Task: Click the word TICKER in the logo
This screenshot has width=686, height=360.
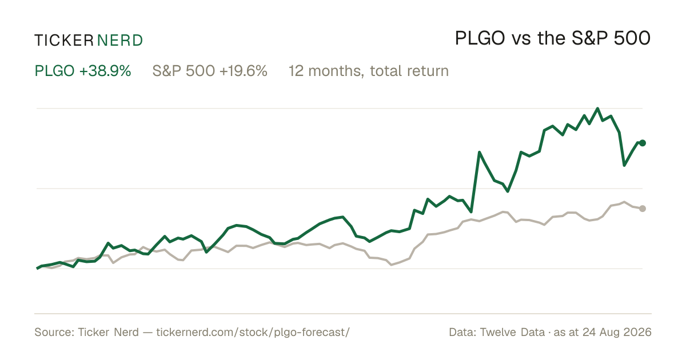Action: point(64,41)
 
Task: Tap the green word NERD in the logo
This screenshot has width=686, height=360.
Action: point(119,41)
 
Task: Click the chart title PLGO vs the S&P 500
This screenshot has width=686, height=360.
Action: point(553,38)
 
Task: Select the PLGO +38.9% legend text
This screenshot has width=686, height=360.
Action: point(83,71)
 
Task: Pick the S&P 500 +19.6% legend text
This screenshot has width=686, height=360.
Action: point(210,71)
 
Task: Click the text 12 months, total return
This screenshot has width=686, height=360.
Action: point(369,71)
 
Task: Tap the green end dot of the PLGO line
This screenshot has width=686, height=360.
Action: point(643,143)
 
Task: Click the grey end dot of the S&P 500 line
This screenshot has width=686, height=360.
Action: point(643,209)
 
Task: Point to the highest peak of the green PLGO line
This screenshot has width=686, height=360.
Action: point(597,109)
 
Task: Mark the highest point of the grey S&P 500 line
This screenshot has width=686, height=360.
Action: point(624,202)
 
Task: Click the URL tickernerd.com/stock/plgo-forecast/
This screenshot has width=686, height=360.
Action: point(253,332)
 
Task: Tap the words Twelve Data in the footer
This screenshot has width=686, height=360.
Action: point(512,332)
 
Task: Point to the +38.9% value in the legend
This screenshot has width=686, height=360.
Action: point(105,71)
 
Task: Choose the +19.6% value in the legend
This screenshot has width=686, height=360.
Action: point(244,71)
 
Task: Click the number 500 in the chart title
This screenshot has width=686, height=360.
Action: point(632,38)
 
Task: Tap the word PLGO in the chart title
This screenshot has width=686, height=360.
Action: point(480,38)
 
